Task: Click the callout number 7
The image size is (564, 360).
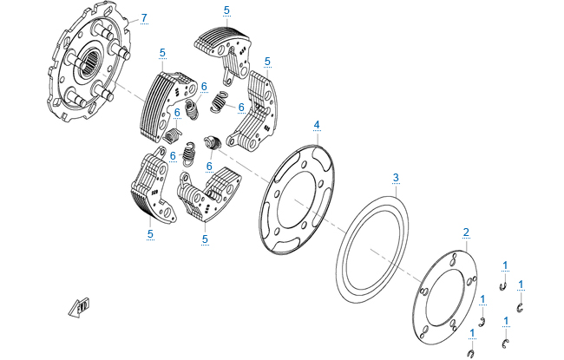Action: (144, 17)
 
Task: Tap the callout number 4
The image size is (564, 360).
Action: (317, 125)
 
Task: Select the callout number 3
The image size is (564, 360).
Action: (396, 178)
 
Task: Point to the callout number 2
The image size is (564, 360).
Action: (466, 232)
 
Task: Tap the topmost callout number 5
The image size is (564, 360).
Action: (226, 10)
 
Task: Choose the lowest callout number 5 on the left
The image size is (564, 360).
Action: (149, 232)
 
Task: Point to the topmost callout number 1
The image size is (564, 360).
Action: (504, 264)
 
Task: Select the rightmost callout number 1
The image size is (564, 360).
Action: (521, 284)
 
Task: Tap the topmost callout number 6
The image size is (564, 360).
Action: (204, 86)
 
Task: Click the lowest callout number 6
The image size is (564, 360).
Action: (209, 166)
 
